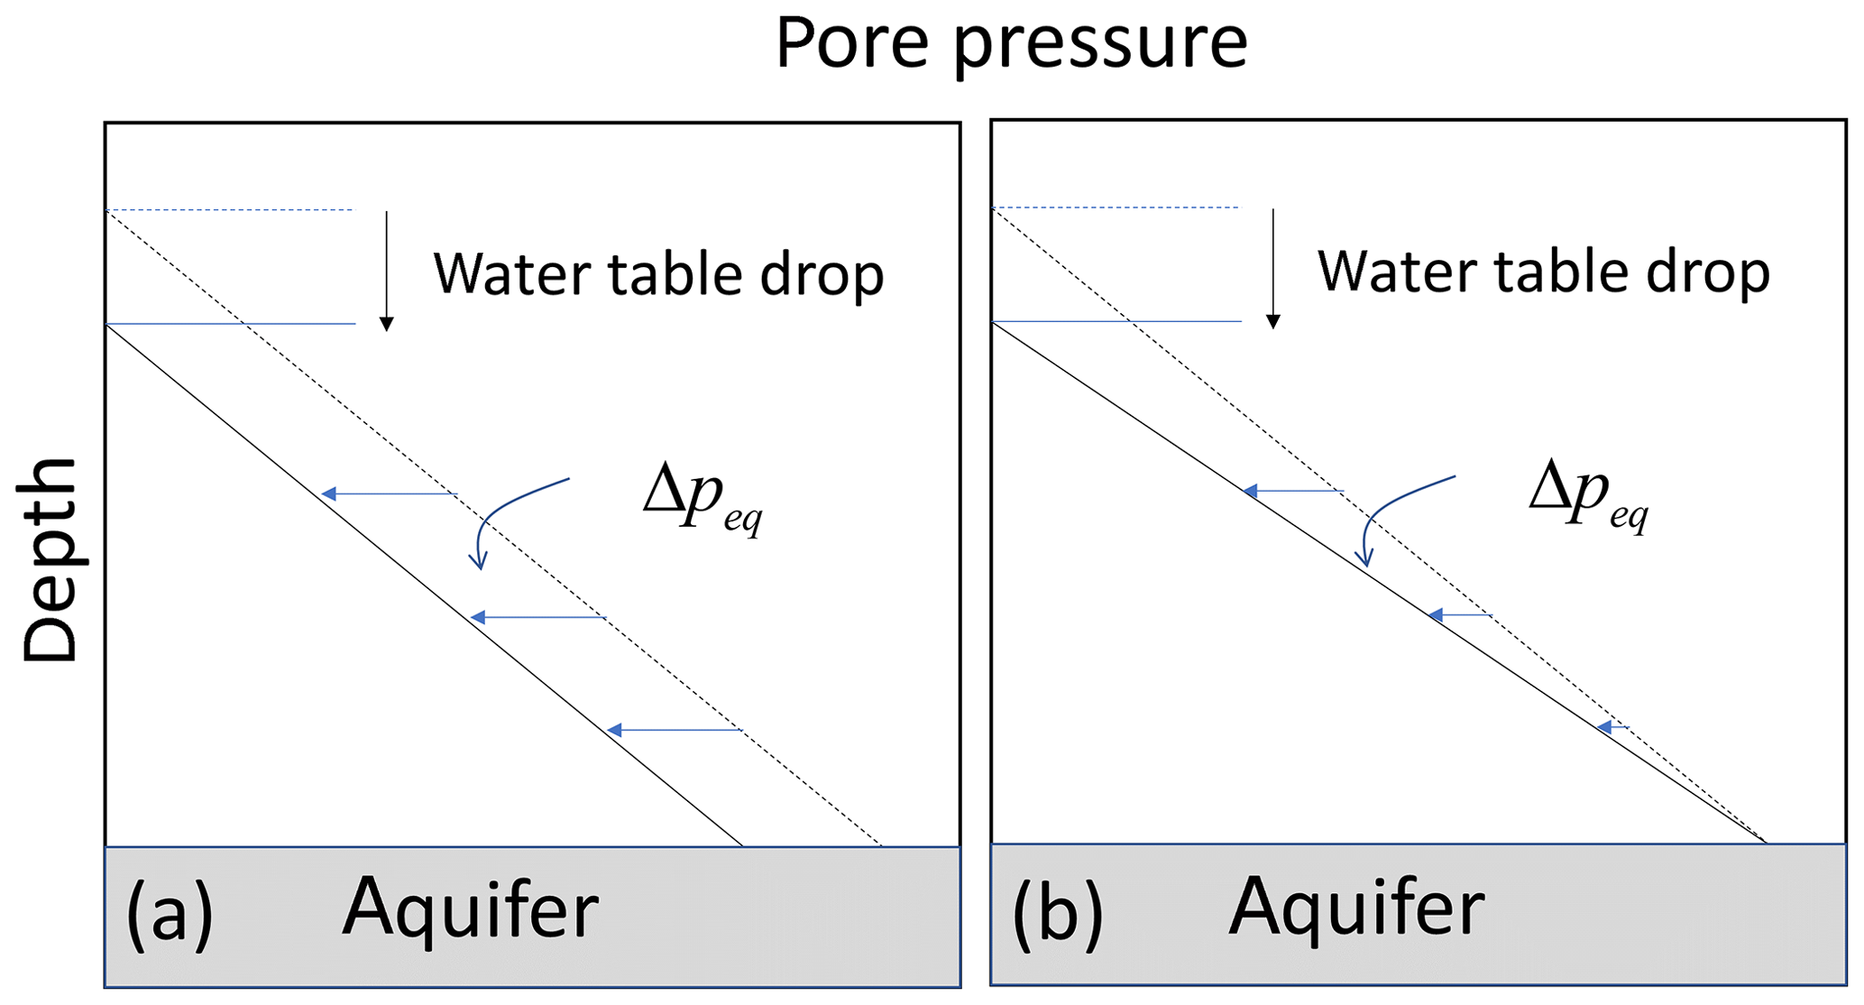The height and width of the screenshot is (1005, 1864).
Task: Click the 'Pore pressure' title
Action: click(x=1011, y=42)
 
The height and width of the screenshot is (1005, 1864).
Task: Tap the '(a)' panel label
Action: click(x=170, y=913)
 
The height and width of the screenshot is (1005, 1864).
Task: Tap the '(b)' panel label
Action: click(x=1057, y=913)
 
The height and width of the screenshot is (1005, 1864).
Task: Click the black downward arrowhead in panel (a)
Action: click(x=387, y=324)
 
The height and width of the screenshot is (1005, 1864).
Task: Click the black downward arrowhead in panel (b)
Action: click(x=1273, y=321)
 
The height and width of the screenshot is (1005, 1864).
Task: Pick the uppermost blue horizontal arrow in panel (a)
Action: click(x=389, y=493)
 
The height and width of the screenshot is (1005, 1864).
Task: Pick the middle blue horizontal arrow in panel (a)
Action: click(x=537, y=617)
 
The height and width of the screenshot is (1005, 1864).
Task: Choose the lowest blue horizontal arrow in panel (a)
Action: click(x=674, y=729)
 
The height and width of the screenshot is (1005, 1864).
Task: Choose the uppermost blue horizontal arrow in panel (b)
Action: click(x=1292, y=491)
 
